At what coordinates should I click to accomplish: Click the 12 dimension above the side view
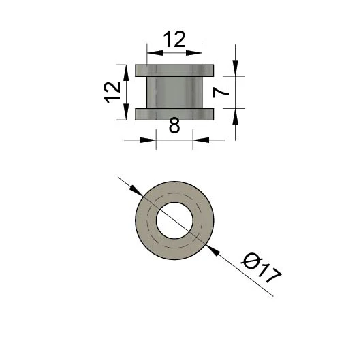pos(174,39)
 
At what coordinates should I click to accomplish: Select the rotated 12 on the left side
pos(114,92)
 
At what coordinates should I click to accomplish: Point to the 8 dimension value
pos(174,126)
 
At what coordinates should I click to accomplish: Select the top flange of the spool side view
pos(174,70)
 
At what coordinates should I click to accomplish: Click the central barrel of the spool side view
pos(174,92)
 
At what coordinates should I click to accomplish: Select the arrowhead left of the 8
pos(150,140)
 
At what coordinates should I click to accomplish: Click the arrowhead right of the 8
pos(199,140)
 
